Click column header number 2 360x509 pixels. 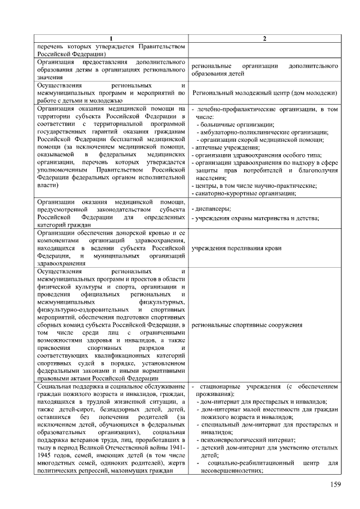pos(264,38)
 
